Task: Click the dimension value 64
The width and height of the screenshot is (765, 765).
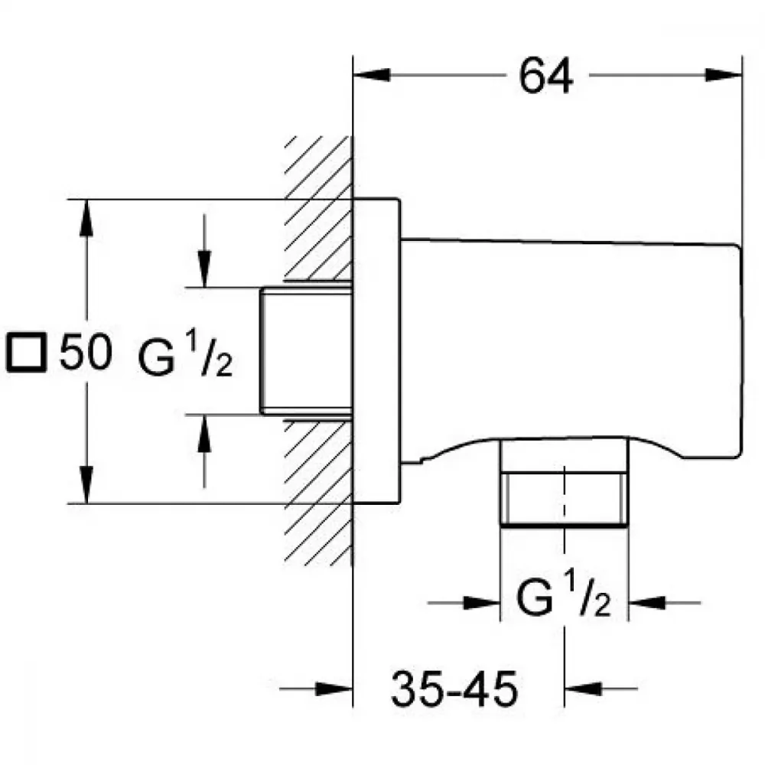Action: click(546, 76)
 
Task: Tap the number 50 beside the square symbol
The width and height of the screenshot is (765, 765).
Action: click(86, 351)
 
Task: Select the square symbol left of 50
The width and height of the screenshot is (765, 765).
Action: click(26, 352)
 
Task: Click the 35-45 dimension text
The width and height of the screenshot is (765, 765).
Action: click(454, 689)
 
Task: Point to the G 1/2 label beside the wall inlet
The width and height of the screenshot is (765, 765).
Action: click(185, 353)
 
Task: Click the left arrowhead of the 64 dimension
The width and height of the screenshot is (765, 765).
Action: click(372, 75)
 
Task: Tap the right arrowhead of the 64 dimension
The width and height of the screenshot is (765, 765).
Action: click(724, 75)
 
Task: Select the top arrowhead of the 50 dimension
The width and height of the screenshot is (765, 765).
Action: click(86, 218)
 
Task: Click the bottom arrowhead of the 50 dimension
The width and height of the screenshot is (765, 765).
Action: click(86, 484)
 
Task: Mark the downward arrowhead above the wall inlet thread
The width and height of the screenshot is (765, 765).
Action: click(204, 269)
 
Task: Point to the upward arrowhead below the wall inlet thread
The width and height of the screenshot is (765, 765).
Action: click(204, 433)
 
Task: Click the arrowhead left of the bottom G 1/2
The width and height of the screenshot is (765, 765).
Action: click(481, 603)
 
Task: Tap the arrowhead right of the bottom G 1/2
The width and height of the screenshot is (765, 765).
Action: click(647, 603)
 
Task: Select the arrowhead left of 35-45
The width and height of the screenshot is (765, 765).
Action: click(334, 689)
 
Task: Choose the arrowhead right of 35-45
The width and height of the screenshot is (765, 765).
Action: click(583, 689)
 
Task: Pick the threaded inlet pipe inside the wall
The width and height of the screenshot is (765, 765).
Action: click(306, 351)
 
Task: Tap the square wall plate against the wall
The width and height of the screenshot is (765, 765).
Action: click(376, 351)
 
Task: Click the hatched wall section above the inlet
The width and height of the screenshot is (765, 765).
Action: click(318, 209)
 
